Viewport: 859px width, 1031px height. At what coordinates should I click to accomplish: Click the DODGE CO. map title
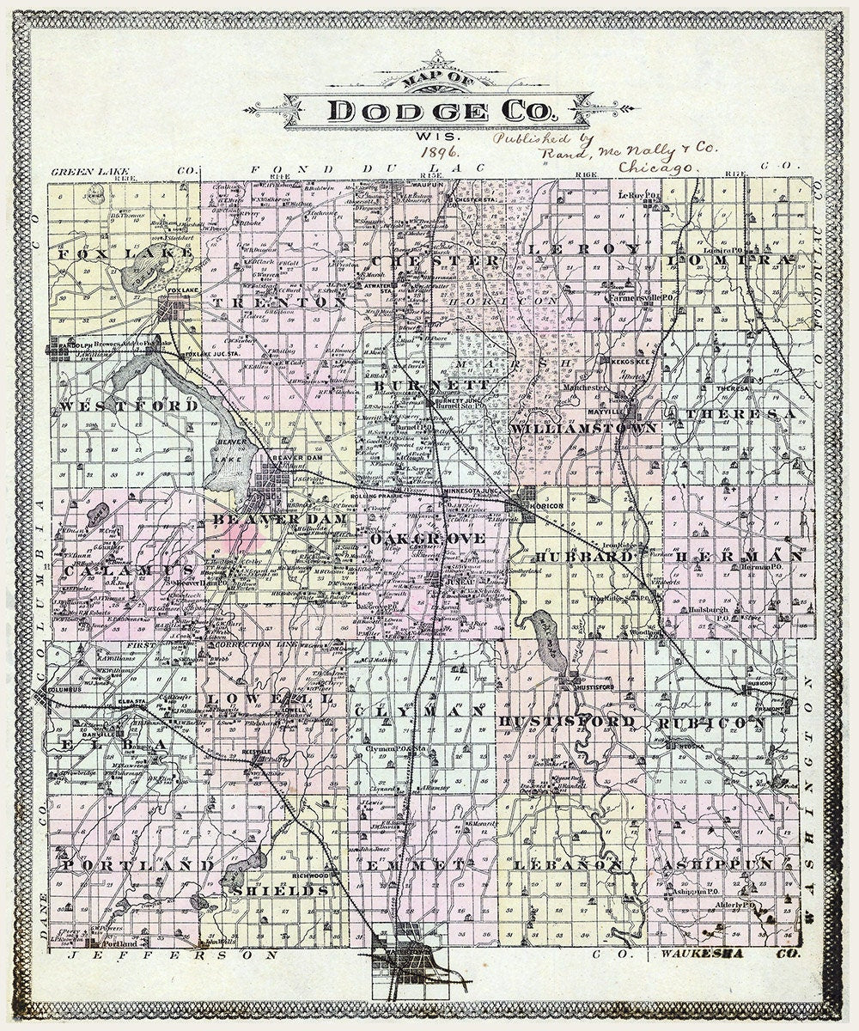point(443,111)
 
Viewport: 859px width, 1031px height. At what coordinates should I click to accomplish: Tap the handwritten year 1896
point(442,151)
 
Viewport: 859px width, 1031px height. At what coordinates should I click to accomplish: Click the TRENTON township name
point(279,303)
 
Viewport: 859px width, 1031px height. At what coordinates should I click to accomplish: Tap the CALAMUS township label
point(130,570)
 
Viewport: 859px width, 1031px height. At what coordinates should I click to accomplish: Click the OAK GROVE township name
point(429,538)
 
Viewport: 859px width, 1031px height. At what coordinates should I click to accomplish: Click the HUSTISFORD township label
point(567,721)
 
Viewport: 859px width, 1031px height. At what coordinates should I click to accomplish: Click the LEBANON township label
point(568,865)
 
